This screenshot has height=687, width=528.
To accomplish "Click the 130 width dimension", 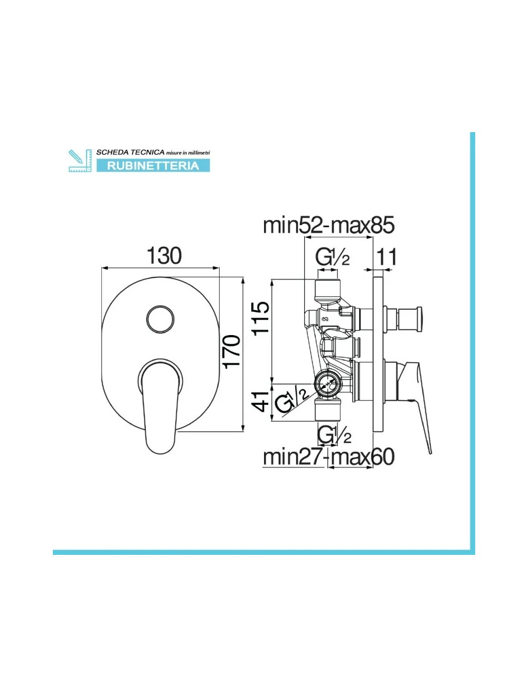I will click(164, 256).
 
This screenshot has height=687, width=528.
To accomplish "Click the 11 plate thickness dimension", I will click(386, 257).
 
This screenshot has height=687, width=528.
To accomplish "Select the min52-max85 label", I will click(328, 226).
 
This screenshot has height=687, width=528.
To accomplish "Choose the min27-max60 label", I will click(328, 457).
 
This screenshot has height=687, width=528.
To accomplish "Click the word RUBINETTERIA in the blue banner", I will click(153, 166).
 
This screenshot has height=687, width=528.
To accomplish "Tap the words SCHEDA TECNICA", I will click(130, 152).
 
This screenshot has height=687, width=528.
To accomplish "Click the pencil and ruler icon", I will click(80, 161).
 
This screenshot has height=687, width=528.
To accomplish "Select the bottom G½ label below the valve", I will click(334, 435).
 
